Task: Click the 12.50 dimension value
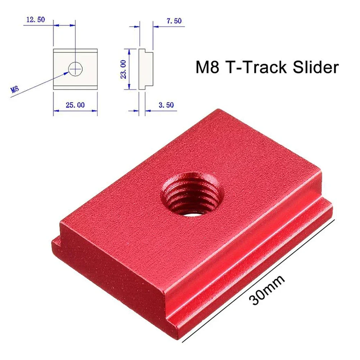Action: (x=35, y=20)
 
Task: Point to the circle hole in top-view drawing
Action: (x=75, y=68)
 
